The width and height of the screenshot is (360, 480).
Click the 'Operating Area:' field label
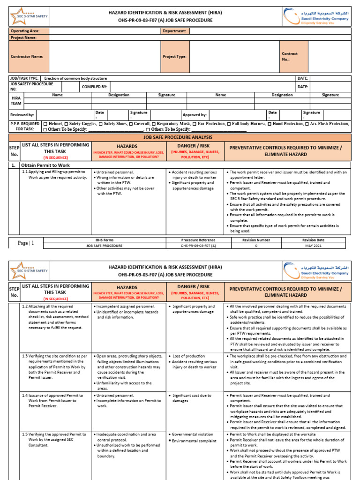point(25,31)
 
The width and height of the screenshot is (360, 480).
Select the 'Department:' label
point(174,31)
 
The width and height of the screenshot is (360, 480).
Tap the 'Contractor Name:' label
point(27,56)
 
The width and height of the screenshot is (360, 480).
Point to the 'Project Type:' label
point(174,56)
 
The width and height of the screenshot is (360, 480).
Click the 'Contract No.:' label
point(289,56)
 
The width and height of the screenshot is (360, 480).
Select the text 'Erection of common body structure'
point(75,78)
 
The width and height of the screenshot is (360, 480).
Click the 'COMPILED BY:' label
point(95,87)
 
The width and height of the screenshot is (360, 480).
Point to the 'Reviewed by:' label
point(22,115)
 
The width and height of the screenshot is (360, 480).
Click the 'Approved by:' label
point(195,115)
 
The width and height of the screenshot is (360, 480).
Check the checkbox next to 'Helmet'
point(45,124)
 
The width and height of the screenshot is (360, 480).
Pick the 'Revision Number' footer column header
point(256,240)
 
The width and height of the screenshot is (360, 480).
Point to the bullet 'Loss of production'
point(189,356)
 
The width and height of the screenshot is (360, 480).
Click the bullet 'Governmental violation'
point(194,435)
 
